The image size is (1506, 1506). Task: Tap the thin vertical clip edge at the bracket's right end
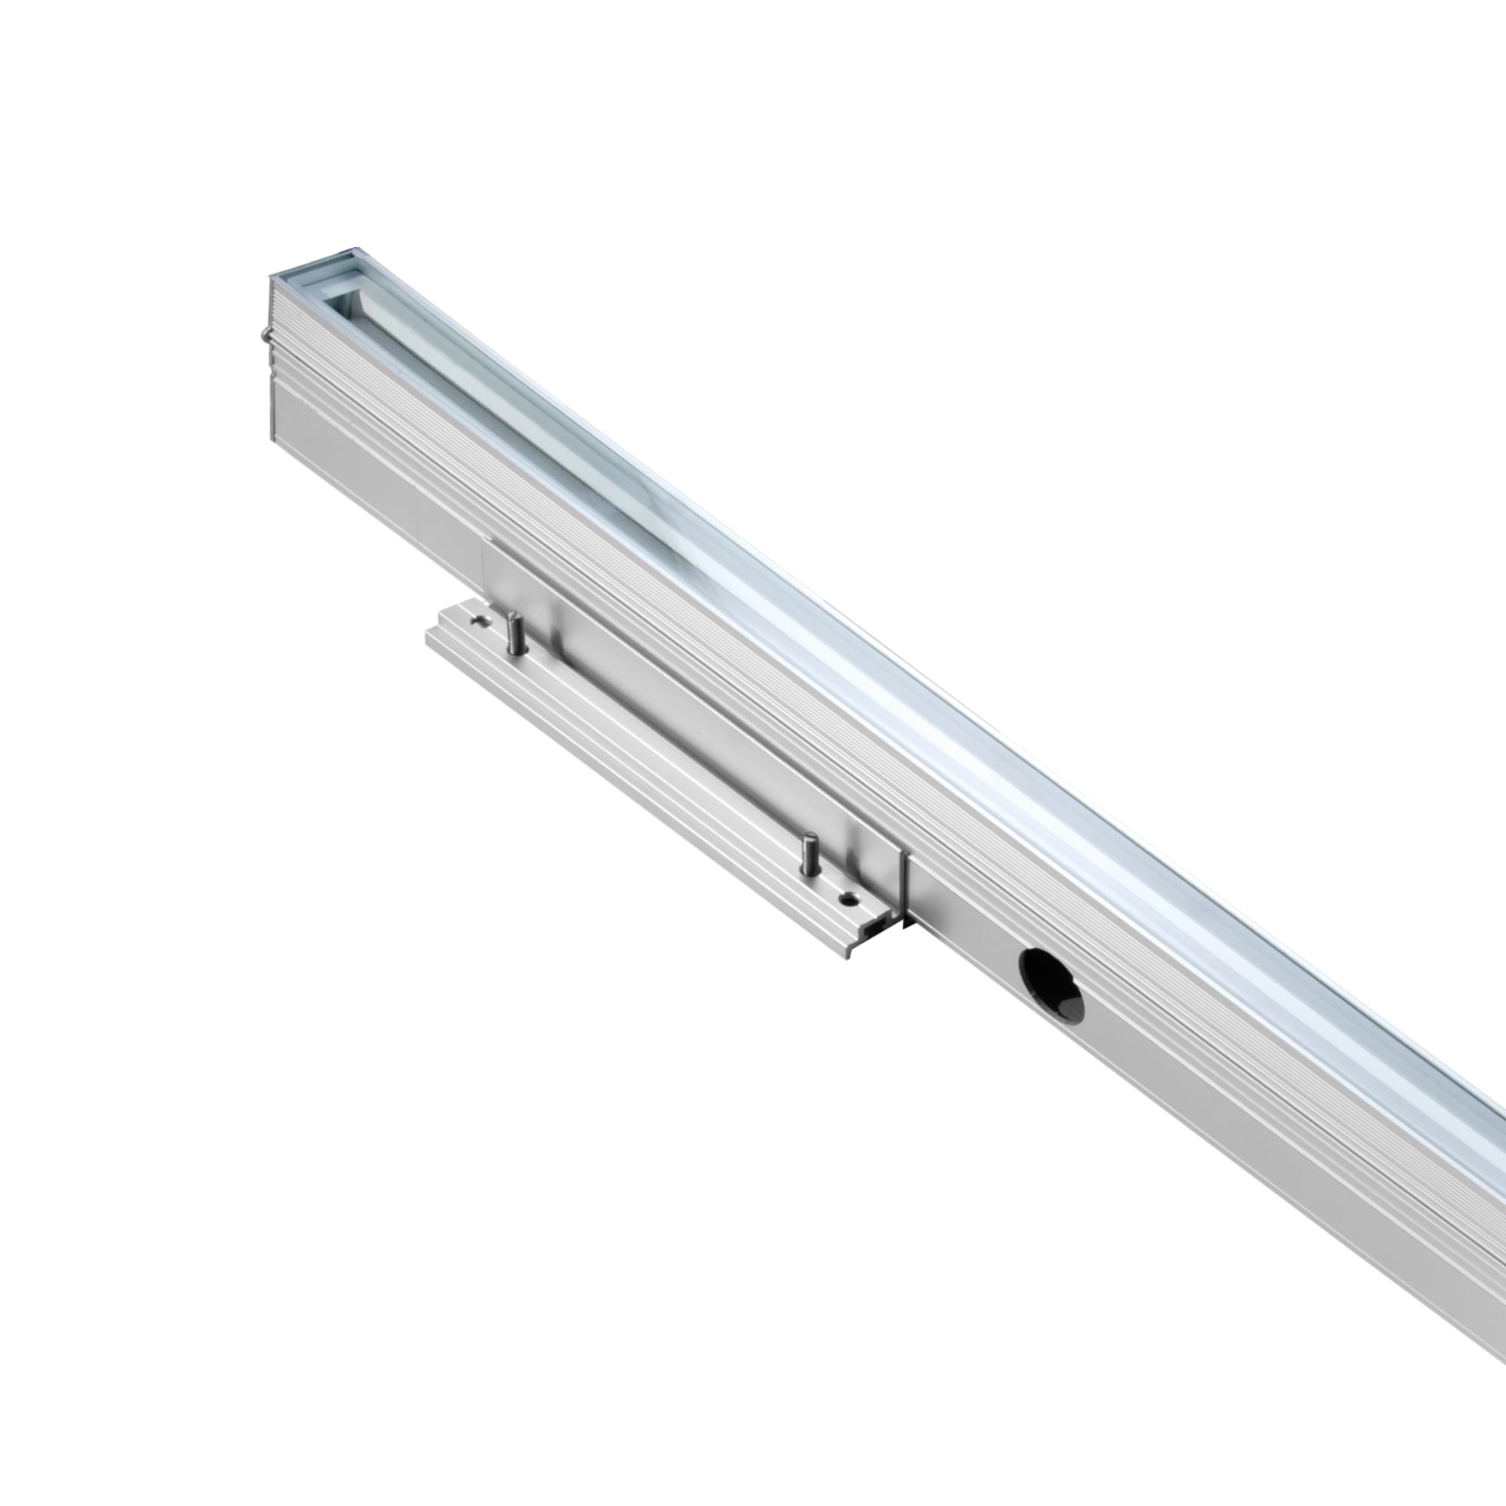[x=904, y=889]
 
